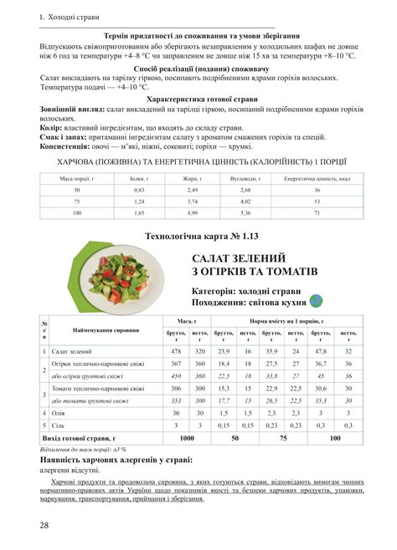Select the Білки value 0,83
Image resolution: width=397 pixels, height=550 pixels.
point(139,190)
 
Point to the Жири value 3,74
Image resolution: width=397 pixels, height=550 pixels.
point(191,201)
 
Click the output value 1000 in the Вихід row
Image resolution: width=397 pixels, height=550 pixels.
point(187,437)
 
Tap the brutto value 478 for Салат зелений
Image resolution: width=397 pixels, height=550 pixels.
point(176,352)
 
